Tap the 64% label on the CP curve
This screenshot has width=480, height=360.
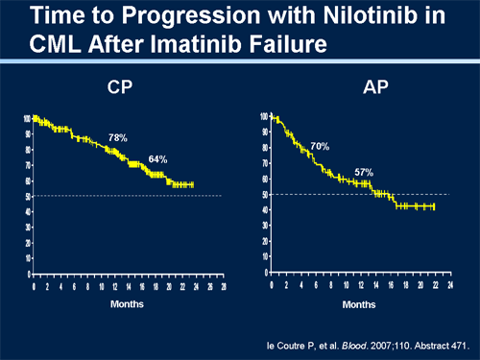(x=157, y=158)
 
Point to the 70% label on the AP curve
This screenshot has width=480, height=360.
(x=320, y=146)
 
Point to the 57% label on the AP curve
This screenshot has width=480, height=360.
(x=364, y=172)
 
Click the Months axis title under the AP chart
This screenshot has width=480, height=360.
(x=360, y=303)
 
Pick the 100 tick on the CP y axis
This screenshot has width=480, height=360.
(x=27, y=118)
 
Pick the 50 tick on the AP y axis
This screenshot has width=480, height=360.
(x=264, y=195)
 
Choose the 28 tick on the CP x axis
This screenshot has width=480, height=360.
(x=223, y=286)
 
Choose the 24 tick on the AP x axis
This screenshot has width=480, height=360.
(x=450, y=285)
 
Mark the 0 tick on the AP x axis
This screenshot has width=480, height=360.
(x=273, y=285)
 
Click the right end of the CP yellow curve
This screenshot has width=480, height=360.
(x=193, y=184)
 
